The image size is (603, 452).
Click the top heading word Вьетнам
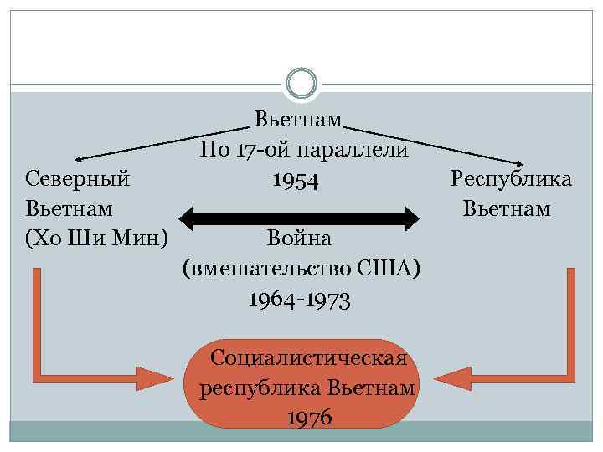click(x=300, y=120)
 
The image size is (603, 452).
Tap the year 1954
click(x=295, y=180)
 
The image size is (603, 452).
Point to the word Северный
click(x=77, y=179)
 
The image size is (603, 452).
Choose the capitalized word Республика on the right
click(x=511, y=179)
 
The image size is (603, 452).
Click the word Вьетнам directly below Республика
click(x=507, y=209)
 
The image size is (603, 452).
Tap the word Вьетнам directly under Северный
click(x=70, y=209)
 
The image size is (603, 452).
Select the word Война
click(x=300, y=239)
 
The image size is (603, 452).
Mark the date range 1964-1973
click(x=299, y=299)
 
